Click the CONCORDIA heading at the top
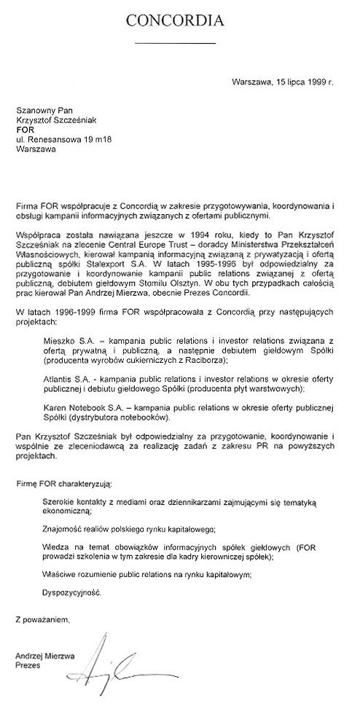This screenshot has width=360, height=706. pos(179,22)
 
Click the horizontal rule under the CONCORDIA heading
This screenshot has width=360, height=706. pos(176,44)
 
